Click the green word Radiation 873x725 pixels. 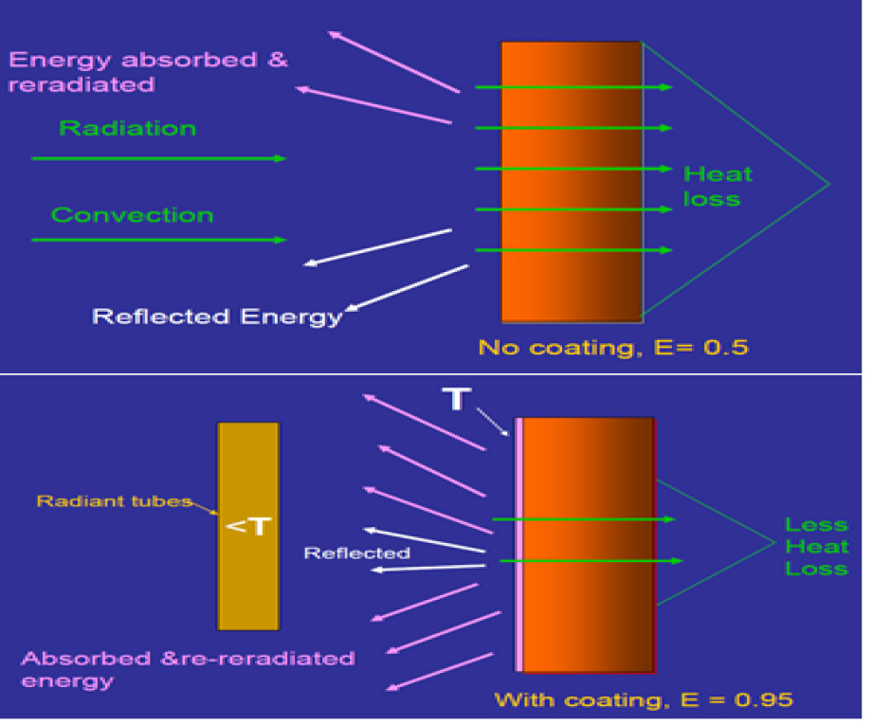click(x=127, y=128)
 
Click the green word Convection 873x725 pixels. click(x=132, y=215)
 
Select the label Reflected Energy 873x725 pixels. click(x=216, y=317)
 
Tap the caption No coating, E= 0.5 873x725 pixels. click(x=612, y=347)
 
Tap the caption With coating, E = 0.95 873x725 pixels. click(x=643, y=700)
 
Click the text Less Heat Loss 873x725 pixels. click(x=816, y=546)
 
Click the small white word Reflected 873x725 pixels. click(x=356, y=553)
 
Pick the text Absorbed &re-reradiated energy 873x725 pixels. click(x=188, y=669)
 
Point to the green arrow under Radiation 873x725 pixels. click(x=158, y=158)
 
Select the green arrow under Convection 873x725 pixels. click(x=158, y=240)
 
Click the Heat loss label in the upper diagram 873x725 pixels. click(x=718, y=186)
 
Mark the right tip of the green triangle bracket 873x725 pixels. click(x=828, y=183)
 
